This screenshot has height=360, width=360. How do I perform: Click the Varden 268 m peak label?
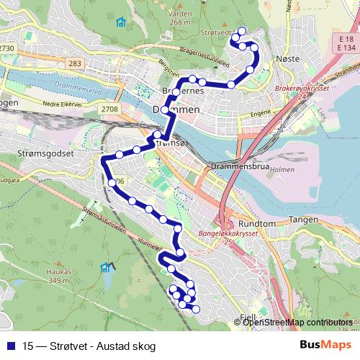point(180,16)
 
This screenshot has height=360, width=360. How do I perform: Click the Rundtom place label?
point(257,223)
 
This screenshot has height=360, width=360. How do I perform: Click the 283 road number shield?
point(74,64)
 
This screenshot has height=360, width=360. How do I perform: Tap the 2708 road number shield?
point(109,109)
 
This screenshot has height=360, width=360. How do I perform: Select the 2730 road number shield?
point(7,48)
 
